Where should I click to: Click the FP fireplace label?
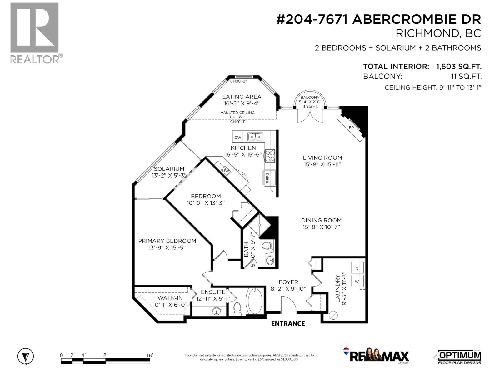351,127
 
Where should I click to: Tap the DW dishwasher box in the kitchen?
238,137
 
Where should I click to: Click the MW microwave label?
225,171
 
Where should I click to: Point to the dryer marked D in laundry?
357,269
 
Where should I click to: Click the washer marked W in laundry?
357,281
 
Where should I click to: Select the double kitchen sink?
255,137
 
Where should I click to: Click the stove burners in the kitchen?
270,156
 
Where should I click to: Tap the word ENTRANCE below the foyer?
288,324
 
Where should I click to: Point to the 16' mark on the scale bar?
149,356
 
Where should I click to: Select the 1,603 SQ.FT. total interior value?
458,67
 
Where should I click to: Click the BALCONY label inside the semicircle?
310,97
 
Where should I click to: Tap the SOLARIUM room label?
169,169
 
